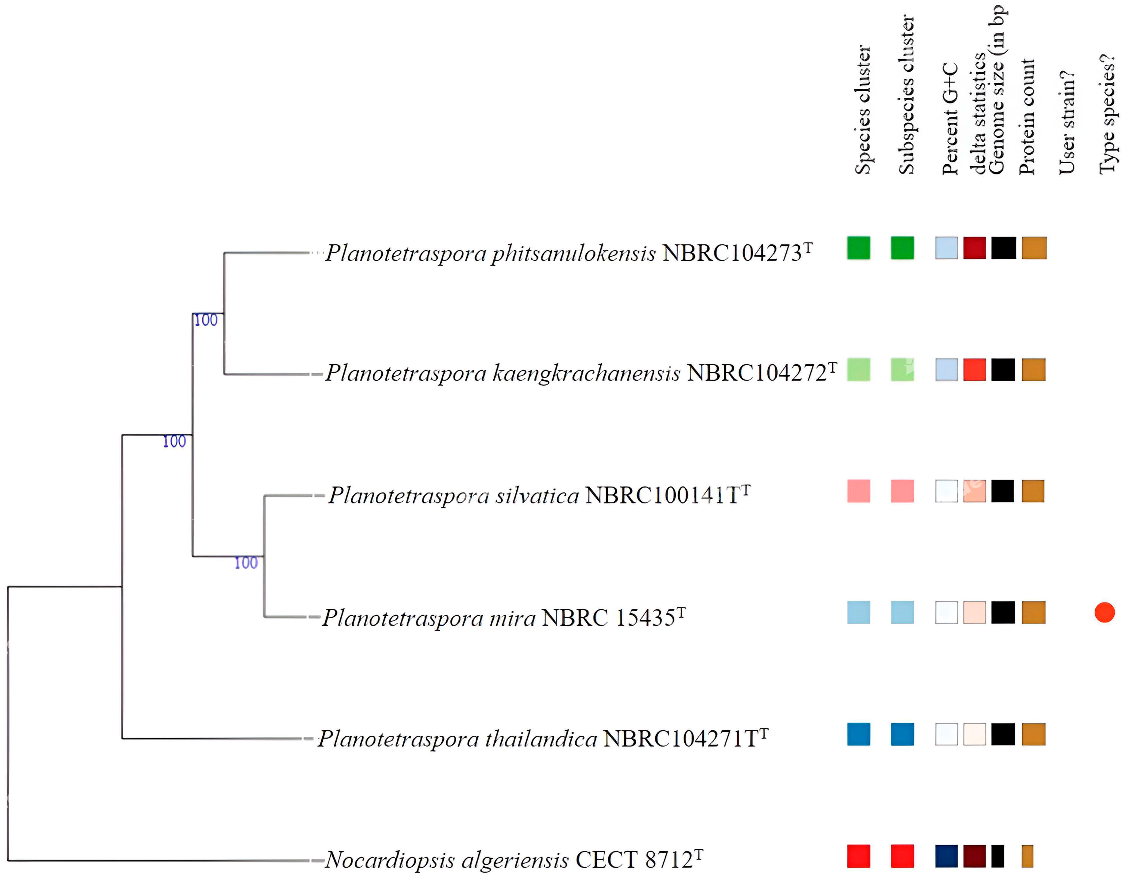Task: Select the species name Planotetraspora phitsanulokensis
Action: pos(490,253)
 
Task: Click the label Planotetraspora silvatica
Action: pos(454,495)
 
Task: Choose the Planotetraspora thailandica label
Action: pos(457,739)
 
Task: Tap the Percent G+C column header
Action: pos(950,119)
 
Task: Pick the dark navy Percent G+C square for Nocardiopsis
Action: pos(946,856)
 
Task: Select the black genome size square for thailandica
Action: pos(1003,734)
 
